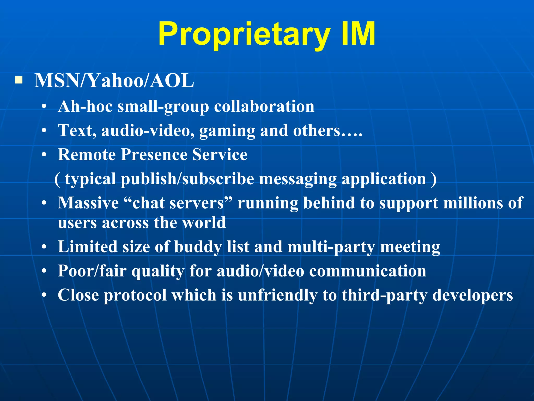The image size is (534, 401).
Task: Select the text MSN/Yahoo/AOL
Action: click(114, 81)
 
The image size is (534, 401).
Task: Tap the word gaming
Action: click(227, 131)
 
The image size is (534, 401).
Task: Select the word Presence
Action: click(154, 155)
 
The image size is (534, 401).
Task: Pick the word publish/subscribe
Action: click(187, 179)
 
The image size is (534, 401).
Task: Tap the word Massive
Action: click(88, 203)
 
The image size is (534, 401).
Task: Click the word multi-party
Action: click(331, 247)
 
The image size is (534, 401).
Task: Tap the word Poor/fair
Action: click(92, 271)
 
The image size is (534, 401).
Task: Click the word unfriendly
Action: click(277, 295)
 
